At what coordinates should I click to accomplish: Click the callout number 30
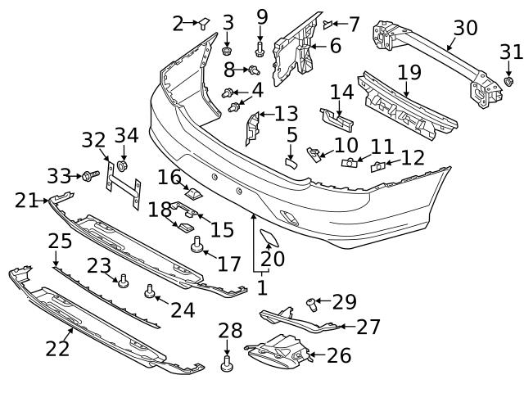[465, 28]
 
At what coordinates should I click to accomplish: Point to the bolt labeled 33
[89, 175]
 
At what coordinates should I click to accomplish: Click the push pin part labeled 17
[196, 244]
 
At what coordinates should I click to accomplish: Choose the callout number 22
[57, 347]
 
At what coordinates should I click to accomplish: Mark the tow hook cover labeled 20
[269, 240]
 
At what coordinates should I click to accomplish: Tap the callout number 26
[338, 355]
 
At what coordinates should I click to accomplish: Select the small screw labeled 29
[313, 305]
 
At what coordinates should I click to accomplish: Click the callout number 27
[368, 327]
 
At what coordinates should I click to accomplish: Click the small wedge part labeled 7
[327, 24]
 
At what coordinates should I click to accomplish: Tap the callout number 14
[341, 92]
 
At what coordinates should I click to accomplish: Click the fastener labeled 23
[124, 281]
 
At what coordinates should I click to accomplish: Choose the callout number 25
[59, 242]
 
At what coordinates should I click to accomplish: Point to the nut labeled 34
[124, 167]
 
